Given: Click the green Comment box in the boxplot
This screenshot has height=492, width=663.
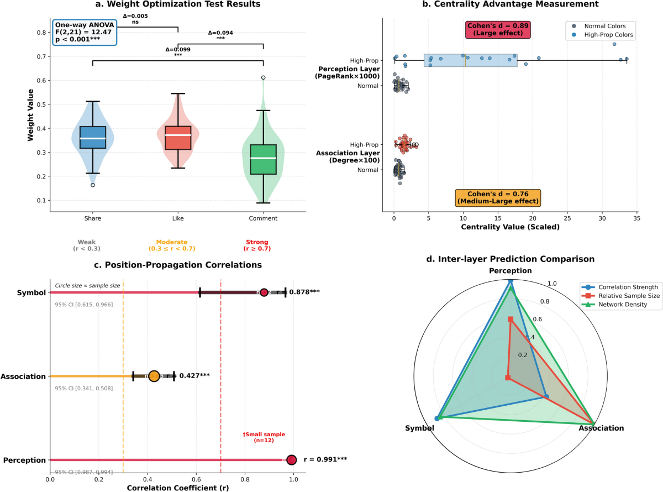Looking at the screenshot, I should [x=264, y=159].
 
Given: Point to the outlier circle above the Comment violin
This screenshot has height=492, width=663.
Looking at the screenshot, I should [x=264, y=77].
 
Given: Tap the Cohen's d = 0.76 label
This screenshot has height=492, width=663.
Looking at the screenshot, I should [x=497, y=197].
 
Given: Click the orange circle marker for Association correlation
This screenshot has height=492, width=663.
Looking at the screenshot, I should [x=154, y=376].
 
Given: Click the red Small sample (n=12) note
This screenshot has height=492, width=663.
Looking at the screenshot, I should [x=264, y=438].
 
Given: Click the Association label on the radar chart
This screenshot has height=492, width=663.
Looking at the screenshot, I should [x=601, y=428].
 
